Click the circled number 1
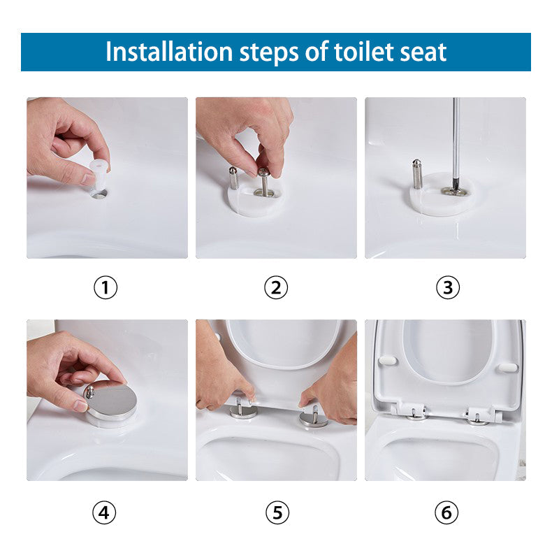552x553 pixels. click(x=106, y=287)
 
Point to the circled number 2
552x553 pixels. click(x=276, y=287)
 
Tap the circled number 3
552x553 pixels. click(x=447, y=287)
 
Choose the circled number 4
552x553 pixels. click(x=106, y=513)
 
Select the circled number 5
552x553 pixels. click(x=276, y=513)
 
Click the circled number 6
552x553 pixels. click(x=447, y=513)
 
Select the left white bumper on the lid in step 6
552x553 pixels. click(x=386, y=360)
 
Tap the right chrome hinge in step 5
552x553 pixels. click(x=313, y=418)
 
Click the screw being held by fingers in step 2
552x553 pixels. click(x=263, y=180)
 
